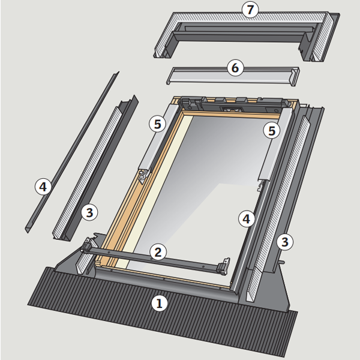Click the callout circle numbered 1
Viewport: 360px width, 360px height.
coord(159,304)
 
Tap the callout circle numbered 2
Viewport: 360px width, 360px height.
coord(157,251)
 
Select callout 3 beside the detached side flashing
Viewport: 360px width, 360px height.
coord(89,212)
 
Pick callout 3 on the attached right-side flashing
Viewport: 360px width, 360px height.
coord(286,242)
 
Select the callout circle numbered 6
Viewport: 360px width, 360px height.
coord(235,68)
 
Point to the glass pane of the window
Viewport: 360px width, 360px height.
coord(210,180)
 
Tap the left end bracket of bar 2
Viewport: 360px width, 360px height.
coord(88,246)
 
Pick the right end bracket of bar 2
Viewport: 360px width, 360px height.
coord(226,268)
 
